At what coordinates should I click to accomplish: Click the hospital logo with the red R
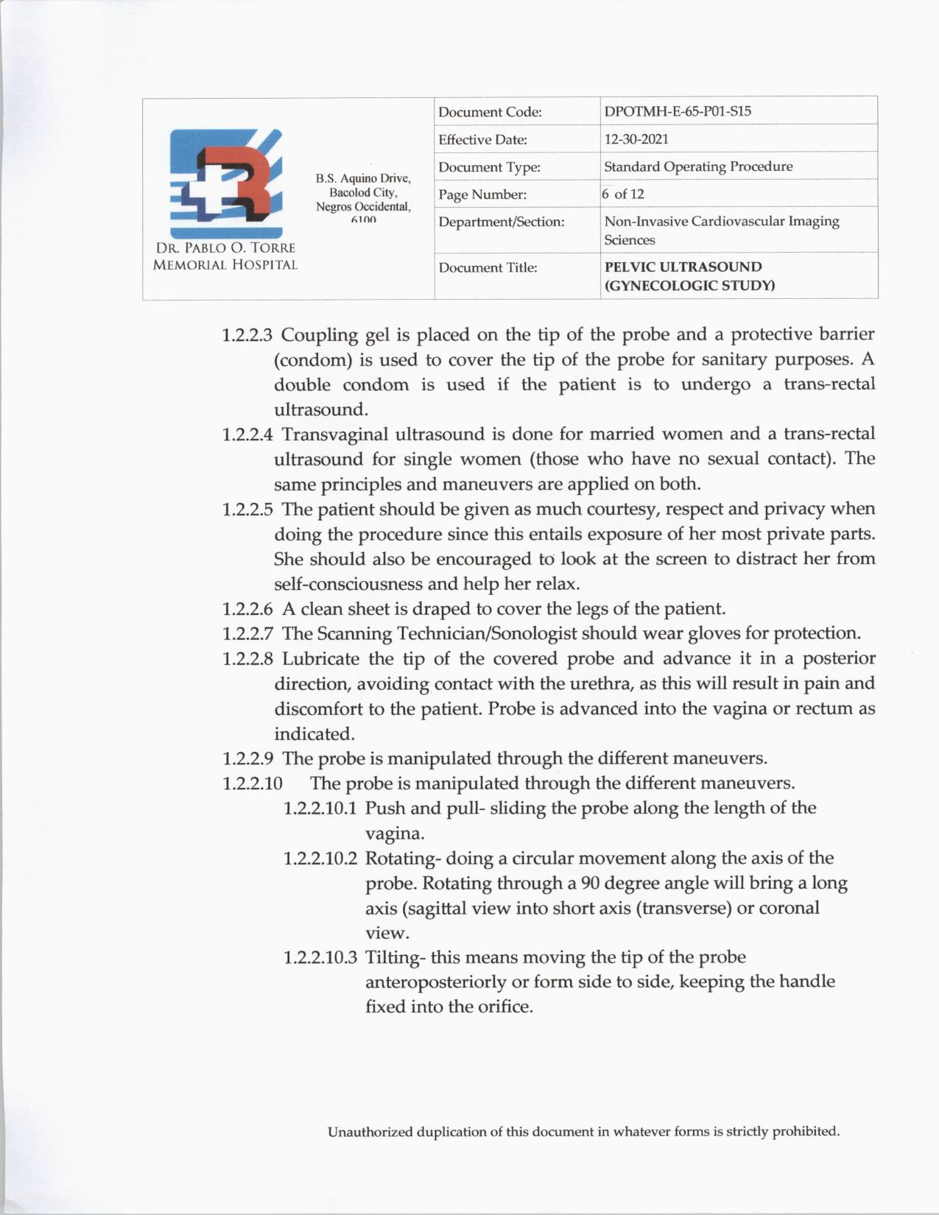(225, 181)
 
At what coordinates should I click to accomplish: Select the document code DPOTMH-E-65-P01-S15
(678, 111)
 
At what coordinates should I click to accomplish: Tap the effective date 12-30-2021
(636, 138)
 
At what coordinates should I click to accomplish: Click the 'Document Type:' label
(489, 167)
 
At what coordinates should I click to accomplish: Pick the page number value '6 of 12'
(623, 194)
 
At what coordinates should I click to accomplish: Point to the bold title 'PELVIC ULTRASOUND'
(683, 267)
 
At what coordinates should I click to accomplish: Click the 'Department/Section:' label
(501, 222)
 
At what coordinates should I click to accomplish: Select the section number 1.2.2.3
(247, 335)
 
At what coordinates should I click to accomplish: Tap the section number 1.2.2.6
(247, 609)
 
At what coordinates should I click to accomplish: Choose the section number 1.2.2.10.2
(320, 859)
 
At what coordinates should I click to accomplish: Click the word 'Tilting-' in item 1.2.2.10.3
(395, 957)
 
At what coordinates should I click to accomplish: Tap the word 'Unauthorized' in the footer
(370, 1131)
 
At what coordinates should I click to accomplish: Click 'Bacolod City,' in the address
(363, 192)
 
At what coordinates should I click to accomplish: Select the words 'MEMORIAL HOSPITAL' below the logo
(225, 265)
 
